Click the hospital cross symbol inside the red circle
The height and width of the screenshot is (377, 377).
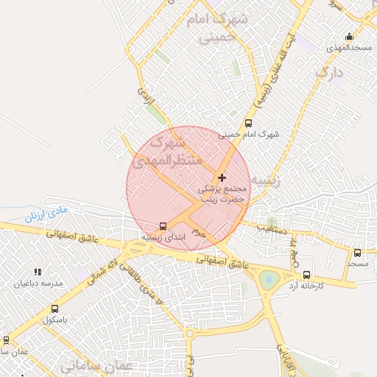tap(222, 177)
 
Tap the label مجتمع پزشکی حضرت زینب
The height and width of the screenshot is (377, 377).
tap(224, 194)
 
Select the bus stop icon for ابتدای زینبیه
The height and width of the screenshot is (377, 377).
tap(163, 226)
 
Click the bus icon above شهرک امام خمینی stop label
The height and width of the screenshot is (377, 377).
tap(247, 124)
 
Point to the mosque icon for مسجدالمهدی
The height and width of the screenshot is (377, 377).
tap(349, 37)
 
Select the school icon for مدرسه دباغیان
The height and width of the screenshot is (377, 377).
tap(38, 272)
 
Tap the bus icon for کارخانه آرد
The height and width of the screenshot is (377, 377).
tap(307, 274)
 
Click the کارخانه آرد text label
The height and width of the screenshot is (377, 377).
tap(306, 285)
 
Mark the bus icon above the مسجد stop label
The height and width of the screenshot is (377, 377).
tap(357, 253)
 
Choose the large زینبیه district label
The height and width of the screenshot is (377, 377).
tap(264, 180)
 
